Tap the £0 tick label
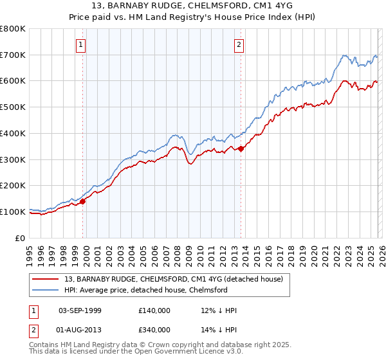(21, 238)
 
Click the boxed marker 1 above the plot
(81, 44)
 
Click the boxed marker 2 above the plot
(239, 44)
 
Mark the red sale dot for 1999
(83, 201)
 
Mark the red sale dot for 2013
(241, 148)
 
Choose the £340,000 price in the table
(154, 329)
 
